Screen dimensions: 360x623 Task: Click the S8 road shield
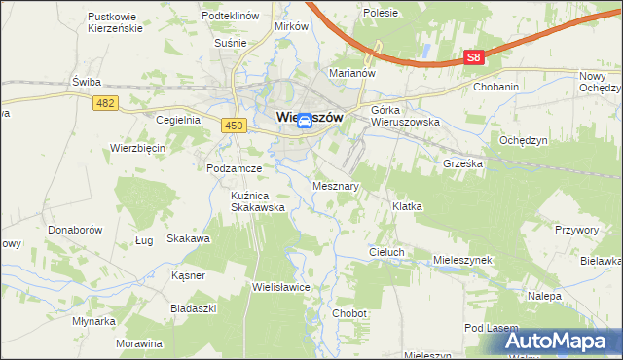pos(472,57)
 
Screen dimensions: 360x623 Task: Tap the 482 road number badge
pos(107,102)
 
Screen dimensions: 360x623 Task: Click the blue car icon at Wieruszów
pos(304,120)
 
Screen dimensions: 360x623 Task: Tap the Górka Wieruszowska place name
pos(406,117)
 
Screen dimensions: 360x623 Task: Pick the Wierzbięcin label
pos(138,148)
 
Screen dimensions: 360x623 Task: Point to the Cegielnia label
pos(177,120)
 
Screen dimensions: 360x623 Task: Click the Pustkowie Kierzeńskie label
pos(115,22)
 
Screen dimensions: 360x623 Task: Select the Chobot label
pos(348,313)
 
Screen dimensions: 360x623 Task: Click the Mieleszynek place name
pos(464,261)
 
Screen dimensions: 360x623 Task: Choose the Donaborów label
pos(75,231)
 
